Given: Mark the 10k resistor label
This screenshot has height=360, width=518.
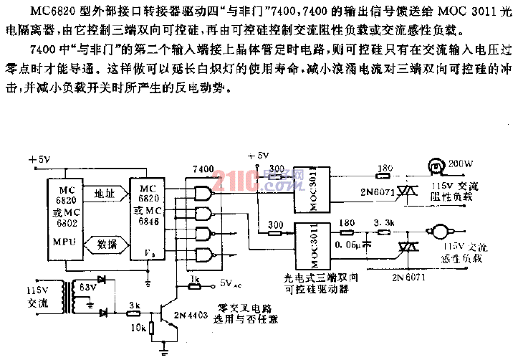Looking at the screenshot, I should pos(138,328).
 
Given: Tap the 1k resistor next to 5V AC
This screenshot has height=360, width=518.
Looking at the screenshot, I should pos(194,286).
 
